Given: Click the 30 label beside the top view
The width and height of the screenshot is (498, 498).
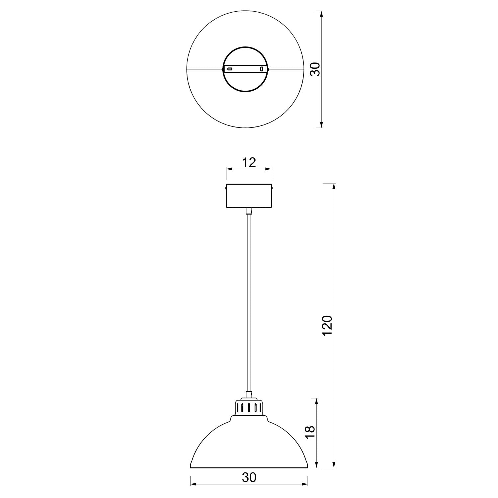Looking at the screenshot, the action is (x=316, y=69).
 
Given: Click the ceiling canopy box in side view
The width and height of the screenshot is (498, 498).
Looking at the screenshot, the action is (x=249, y=196).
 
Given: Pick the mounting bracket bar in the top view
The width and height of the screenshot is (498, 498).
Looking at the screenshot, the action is (x=245, y=69).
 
